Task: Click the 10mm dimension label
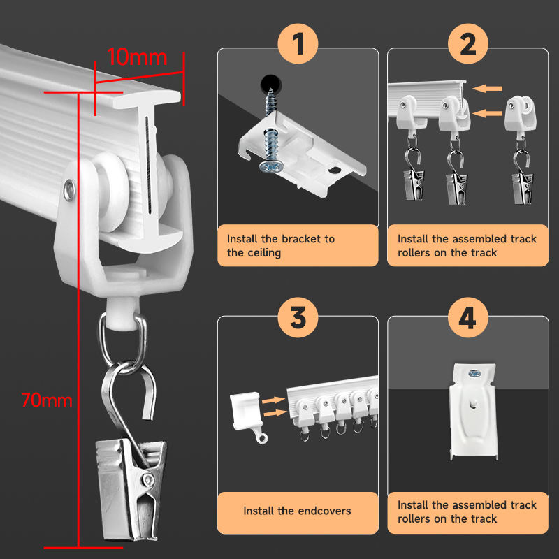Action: pos(137,57)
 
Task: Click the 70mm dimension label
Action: pos(47,400)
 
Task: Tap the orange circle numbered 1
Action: pos(298,43)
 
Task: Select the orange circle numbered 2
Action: pos(467,43)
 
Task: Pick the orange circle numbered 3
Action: pos(298,317)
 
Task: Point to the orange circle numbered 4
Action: pos(467,317)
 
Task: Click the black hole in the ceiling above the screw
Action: pos(271,83)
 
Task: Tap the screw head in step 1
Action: pos(271,166)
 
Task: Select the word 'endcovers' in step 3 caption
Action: pos(324,511)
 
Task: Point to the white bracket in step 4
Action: pos(473,412)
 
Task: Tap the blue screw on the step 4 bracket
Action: pos(474,374)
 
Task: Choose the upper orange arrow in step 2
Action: pos(487,88)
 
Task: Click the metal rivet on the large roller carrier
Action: pos(69,190)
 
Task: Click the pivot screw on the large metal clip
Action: pos(147,479)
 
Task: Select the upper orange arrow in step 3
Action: pos(273,400)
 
